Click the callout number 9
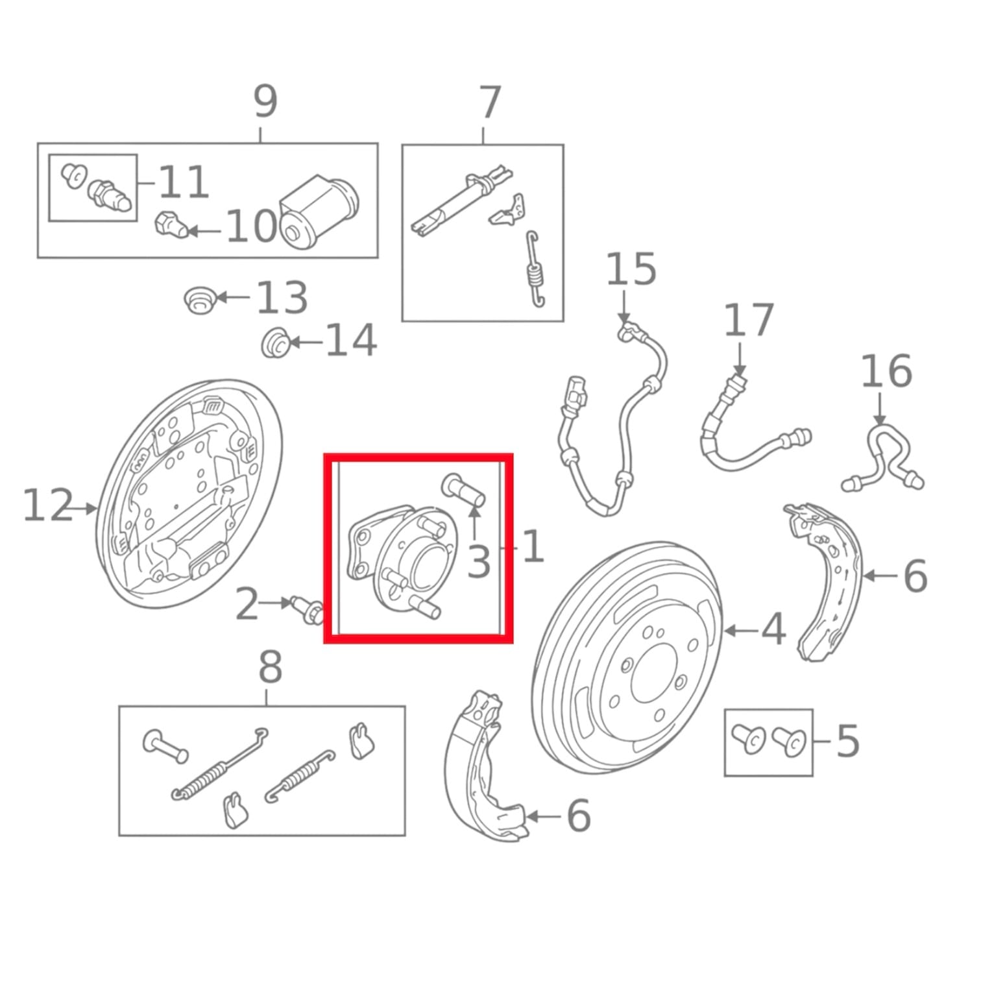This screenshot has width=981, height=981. (265, 101)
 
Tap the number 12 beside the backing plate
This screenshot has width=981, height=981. (48, 505)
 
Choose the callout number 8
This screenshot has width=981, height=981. (270, 667)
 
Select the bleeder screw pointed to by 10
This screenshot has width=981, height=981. (171, 224)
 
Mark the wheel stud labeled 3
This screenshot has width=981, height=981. (463, 490)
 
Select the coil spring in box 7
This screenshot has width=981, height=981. (535, 269)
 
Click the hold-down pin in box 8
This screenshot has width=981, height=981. (165, 746)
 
